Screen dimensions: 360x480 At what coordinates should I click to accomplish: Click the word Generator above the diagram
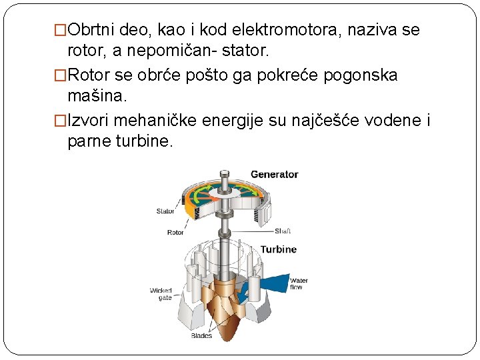[274, 175]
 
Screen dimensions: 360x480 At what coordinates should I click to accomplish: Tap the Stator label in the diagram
[165, 211]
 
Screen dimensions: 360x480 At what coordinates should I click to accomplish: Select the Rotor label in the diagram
[175, 233]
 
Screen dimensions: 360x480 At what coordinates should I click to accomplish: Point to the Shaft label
[283, 231]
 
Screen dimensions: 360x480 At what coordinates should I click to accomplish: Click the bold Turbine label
[278, 249]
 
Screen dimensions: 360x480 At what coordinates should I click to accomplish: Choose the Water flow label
[299, 284]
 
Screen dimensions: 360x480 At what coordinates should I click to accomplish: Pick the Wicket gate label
[161, 294]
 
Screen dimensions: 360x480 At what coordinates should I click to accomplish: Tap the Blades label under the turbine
[201, 336]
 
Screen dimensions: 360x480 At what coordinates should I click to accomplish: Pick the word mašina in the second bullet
[96, 96]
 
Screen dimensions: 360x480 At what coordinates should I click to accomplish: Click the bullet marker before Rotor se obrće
[61, 75]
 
